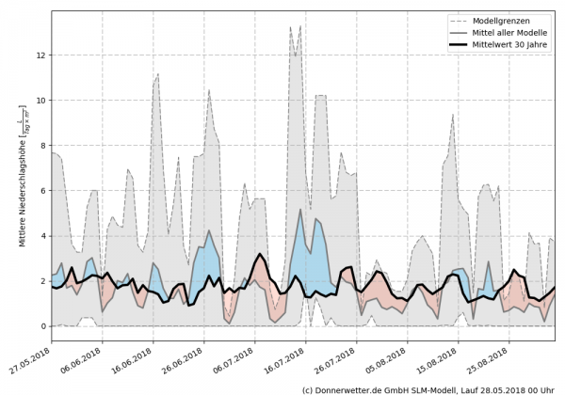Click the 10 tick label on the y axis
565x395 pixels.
[41, 101]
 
